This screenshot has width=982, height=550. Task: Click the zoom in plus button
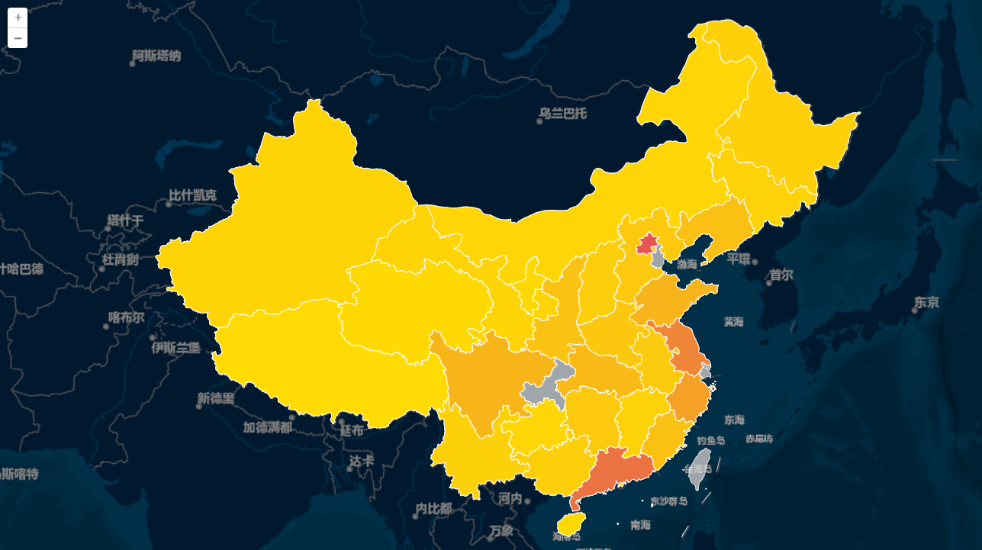18,18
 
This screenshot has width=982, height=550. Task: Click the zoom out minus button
18,38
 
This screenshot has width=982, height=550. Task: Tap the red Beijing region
647,244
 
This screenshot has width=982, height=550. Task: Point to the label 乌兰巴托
563,114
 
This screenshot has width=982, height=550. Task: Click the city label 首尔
781,275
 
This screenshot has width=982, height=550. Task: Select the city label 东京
926,303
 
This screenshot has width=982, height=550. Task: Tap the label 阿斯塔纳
156,56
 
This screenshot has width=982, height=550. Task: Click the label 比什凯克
192,195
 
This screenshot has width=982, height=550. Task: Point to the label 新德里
216,398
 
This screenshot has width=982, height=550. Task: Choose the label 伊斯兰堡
175,348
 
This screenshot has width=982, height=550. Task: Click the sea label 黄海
733,322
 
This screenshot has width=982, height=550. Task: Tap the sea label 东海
734,420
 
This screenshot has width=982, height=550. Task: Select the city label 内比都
433,508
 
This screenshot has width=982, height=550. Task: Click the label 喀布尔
126,318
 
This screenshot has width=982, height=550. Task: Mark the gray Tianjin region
658,259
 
